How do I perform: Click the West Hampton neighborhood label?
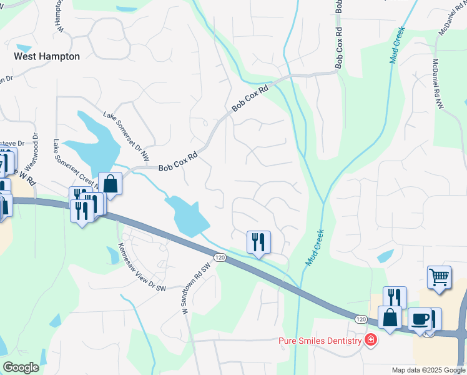(x=47, y=56)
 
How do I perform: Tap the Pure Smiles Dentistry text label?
(x=320, y=341)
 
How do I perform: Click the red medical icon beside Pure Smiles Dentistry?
(x=371, y=340)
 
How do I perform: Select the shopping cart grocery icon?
(x=440, y=277)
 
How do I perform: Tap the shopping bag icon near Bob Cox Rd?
(x=110, y=184)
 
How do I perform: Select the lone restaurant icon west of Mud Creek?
(x=258, y=242)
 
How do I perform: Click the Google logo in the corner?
(x=20, y=367)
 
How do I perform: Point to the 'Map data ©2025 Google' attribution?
(x=428, y=370)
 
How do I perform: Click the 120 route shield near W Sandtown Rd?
(x=219, y=257)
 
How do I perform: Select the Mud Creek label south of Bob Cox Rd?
(x=315, y=247)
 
